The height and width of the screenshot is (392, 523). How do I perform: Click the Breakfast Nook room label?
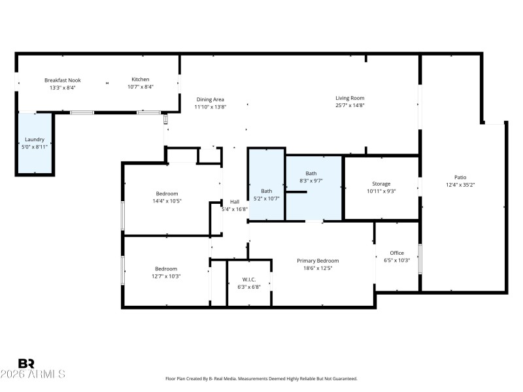63,80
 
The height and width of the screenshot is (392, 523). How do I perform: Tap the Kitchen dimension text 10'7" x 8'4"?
141,87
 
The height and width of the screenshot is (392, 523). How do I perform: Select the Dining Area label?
210,99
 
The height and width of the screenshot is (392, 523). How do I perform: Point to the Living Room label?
350,98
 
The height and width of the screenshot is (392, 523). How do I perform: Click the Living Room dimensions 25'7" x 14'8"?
350,105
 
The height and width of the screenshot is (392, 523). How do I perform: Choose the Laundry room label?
35,139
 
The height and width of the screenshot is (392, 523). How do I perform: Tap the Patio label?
460,177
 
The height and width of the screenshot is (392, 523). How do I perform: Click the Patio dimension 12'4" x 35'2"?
460,185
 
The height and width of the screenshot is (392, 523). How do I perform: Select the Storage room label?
381,184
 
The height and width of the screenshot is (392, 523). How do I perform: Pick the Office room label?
397,253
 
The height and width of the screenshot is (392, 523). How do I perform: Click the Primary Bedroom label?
318,261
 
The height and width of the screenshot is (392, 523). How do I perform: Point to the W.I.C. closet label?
248,279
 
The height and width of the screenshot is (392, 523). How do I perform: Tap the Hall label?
235,202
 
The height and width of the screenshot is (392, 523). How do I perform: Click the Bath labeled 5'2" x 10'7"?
266,191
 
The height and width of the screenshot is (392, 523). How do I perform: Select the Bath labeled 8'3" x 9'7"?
311,173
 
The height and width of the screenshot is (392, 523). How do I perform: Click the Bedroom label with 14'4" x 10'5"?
167,193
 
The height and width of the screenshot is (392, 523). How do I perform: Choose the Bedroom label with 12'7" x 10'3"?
166,269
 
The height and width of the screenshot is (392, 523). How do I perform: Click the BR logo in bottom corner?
26,363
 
